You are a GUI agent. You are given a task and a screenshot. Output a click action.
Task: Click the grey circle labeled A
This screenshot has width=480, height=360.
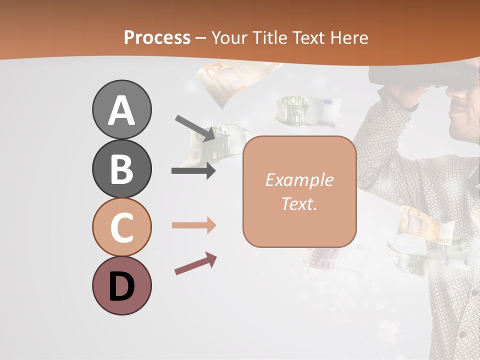click(x=121, y=110)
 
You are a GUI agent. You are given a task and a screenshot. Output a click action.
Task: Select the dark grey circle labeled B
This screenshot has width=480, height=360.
click(x=121, y=169)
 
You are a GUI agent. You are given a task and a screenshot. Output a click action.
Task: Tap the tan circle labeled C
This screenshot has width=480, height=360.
click(x=121, y=227)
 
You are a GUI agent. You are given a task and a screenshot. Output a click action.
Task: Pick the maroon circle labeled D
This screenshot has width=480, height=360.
click(x=121, y=285)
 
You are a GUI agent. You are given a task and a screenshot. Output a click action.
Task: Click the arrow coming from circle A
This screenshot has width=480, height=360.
click(x=195, y=127)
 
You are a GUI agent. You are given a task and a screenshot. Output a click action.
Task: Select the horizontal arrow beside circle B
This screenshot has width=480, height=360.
click(x=193, y=171)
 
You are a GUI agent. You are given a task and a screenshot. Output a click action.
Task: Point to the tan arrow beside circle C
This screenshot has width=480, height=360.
click(x=193, y=225)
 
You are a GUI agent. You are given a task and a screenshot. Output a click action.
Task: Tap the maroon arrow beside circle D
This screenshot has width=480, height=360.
click(x=195, y=263)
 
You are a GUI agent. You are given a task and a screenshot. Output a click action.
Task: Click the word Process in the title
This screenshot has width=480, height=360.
click(x=157, y=37)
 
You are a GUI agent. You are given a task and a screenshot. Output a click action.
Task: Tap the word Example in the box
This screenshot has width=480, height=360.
click(x=299, y=180)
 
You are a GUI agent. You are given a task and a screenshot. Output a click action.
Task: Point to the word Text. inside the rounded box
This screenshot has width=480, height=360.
click(x=299, y=203)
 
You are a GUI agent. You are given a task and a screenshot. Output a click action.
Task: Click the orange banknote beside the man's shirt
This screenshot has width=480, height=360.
click(x=425, y=225)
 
